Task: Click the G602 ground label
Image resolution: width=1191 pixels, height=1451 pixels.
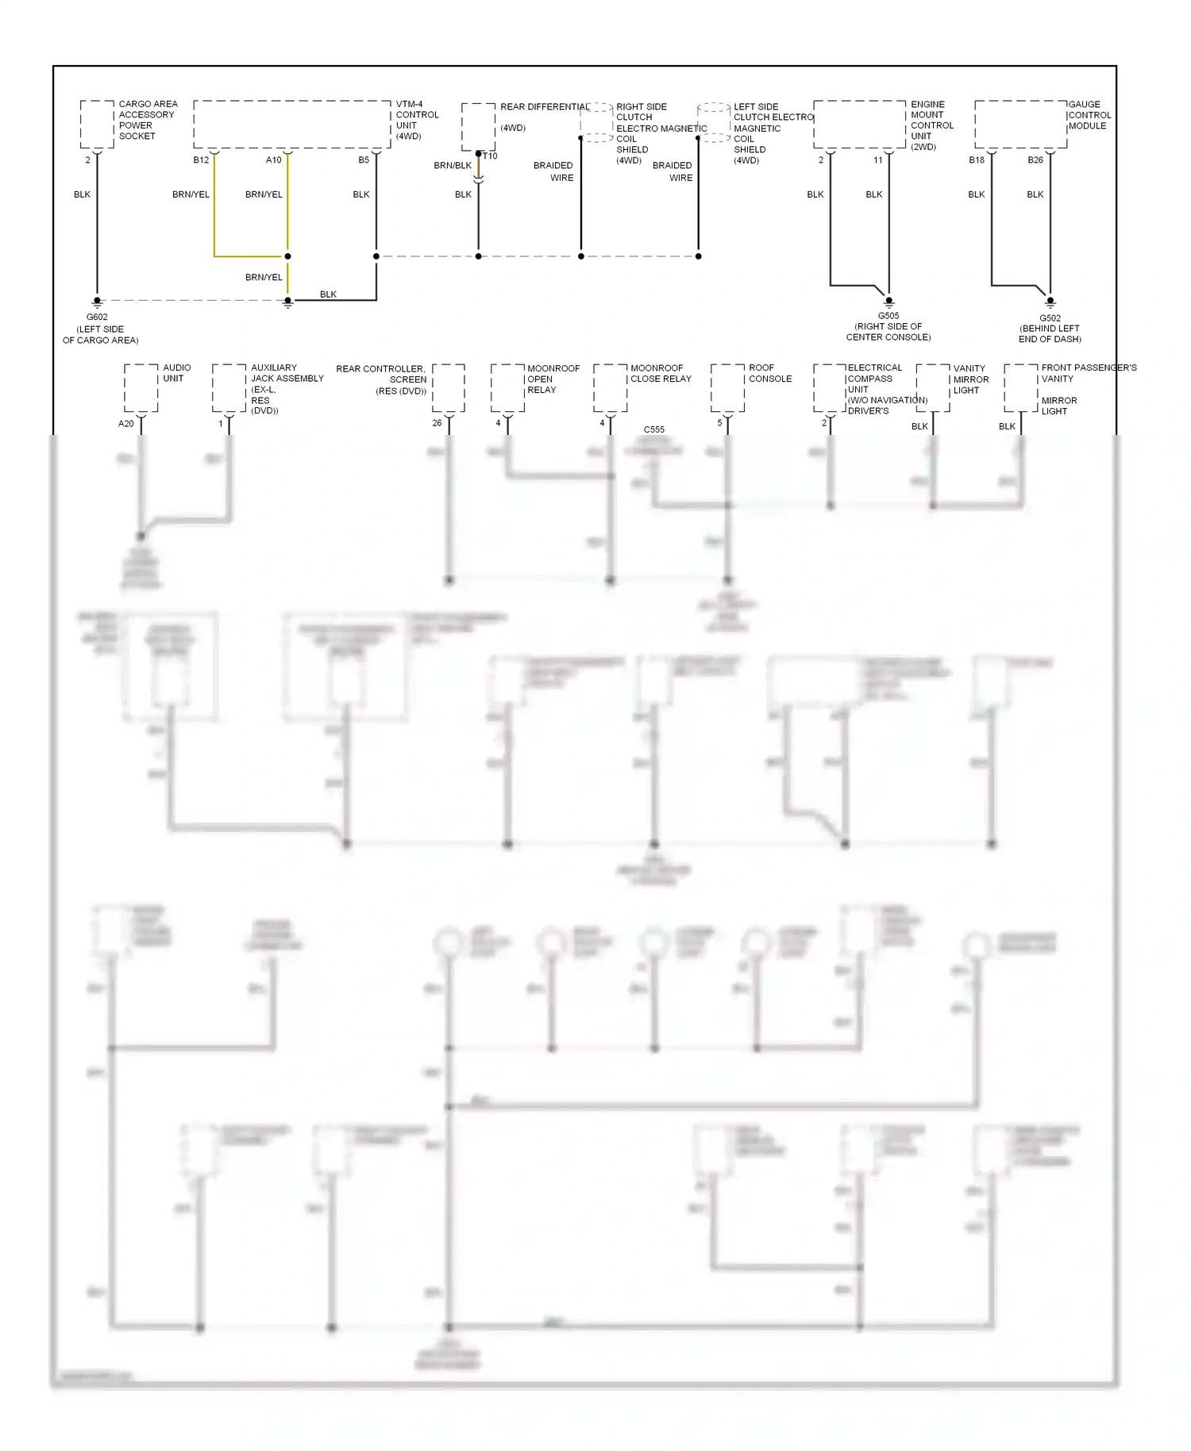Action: [97, 317]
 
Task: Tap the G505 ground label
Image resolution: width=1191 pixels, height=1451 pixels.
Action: [888, 316]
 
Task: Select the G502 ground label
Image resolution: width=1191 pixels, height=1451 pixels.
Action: [1050, 318]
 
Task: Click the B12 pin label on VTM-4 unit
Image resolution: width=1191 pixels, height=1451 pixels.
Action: [201, 160]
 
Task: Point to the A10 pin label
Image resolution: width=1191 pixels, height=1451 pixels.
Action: [273, 160]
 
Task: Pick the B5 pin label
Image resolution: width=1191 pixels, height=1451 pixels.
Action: [364, 160]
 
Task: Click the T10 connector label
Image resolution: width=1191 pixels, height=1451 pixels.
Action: [491, 156]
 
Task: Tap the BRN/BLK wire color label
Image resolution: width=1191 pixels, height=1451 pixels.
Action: [453, 166]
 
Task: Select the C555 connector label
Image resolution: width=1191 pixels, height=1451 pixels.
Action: [654, 429]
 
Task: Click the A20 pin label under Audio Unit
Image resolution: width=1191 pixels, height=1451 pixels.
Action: [125, 424]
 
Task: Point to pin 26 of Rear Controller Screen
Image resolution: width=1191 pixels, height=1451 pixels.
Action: [437, 423]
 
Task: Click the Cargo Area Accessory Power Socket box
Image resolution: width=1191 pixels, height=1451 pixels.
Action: [97, 124]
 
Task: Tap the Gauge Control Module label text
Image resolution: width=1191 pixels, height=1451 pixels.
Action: [1089, 115]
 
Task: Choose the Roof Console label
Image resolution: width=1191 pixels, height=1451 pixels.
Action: [770, 373]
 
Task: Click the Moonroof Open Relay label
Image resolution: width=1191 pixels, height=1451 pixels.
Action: [553, 379]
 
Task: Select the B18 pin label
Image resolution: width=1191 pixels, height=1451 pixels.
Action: [977, 160]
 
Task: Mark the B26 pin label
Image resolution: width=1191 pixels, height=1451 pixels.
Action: [1035, 160]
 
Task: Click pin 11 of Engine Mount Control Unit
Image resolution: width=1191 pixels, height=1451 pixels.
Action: [878, 160]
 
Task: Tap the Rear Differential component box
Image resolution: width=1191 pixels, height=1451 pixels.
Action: [478, 126]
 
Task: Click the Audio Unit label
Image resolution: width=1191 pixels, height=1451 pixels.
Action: [176, 373]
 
